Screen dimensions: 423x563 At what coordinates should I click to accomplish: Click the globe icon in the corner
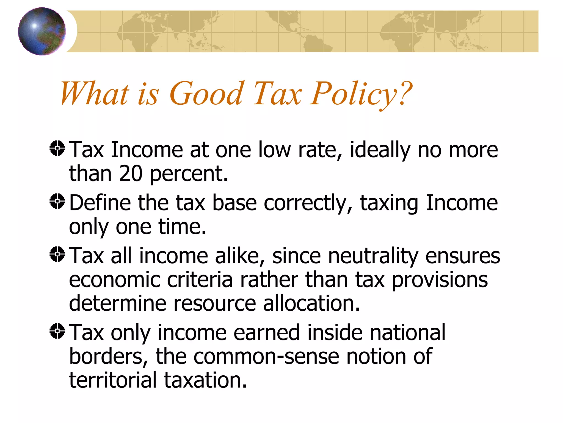(42, 31)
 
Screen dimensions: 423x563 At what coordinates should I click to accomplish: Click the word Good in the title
(206, 94)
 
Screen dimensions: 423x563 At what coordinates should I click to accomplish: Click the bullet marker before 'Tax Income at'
(57, 148)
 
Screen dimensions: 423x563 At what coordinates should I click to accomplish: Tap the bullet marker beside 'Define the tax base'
(57, 201)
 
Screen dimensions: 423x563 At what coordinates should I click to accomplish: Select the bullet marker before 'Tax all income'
(57, 254)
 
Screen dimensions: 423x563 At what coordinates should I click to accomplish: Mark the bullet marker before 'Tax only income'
(57, 331)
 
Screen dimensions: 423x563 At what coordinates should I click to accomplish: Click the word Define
(100, 203)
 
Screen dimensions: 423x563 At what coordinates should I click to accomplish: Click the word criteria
(200, 280)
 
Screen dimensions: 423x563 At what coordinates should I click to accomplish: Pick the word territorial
(113, 380)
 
